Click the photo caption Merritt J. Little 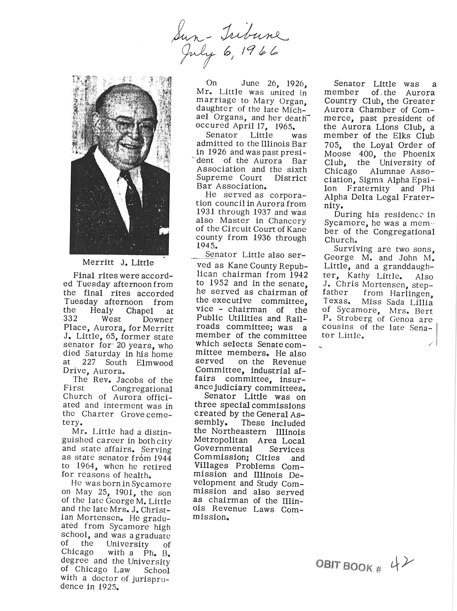click(118, 262)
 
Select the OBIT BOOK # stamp click(348, 566)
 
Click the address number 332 click(71, 319)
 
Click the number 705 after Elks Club click(331, 145)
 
